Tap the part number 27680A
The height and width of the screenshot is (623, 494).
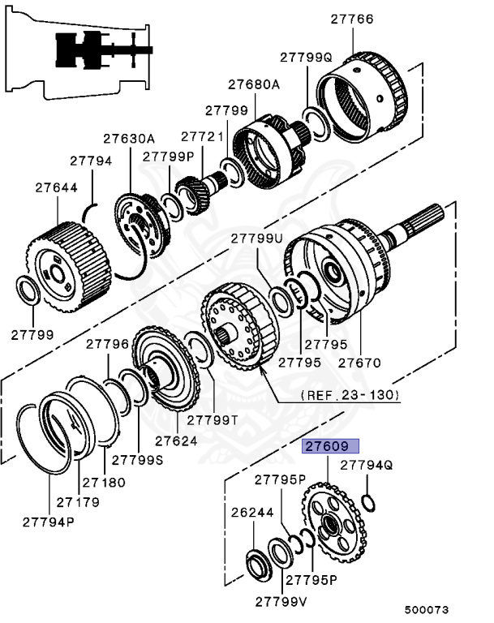(x=253, y=84)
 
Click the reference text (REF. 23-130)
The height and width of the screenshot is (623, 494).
(x=350, y=395)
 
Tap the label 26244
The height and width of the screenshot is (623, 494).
(x=252, y=513)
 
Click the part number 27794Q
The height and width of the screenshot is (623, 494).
(x=366, y=465)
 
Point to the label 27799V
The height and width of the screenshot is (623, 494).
(x=281, y=601)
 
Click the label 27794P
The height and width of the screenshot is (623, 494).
(x=48, y=520)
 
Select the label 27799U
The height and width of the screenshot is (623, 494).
(x=257, y=238)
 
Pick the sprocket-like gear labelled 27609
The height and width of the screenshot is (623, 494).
(x=332, y=523)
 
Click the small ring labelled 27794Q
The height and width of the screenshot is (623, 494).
(x=367, y=503)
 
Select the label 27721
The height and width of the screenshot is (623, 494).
(x=202, y=137)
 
